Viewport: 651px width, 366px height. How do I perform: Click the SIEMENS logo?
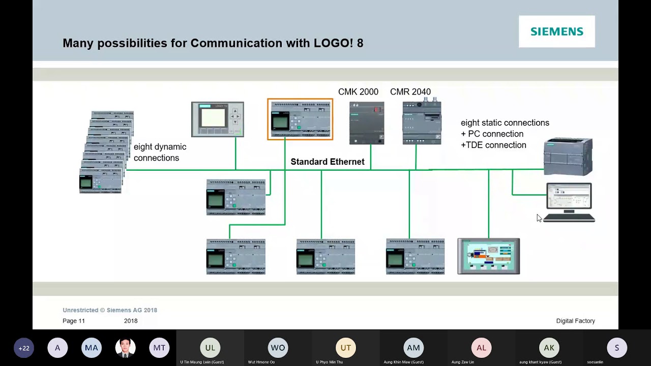(x=556, y=32)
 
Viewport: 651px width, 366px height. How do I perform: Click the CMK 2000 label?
(x=358, y=91)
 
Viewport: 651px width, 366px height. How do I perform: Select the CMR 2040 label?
(x=410, y=91)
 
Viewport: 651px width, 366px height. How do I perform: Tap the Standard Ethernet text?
(x=327, y=162)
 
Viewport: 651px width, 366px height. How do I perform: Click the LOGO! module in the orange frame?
(x=300, y=119)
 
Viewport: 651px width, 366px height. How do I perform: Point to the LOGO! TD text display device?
(x=217, y=119)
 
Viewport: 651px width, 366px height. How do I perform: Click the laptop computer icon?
(x=569, y=202)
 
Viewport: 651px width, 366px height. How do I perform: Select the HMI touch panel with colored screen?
(x=488, y=256)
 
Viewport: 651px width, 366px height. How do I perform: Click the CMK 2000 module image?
(x=367, y=123)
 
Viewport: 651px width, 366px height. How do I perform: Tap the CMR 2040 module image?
(x=422, y=123)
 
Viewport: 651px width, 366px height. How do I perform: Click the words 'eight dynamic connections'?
(x=160, y=152)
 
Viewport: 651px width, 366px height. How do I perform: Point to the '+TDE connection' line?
(x=493, y=145)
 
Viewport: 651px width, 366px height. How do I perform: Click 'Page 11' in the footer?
(x=74, y=321)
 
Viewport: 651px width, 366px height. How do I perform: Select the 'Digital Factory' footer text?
(x=575, y=321)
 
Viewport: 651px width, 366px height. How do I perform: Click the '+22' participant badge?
(x=24, y=348)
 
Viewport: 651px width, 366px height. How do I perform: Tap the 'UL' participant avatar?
(x=210, y=348)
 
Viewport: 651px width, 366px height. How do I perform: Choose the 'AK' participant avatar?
(x=549, y=348)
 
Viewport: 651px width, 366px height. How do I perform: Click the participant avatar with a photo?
(x=125, y=348)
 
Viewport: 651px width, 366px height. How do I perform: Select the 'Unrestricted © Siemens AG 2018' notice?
(x=110, y=310)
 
